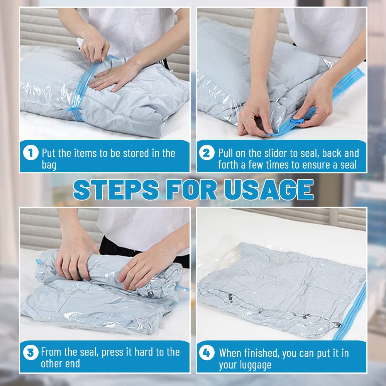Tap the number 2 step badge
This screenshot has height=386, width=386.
click(x=207, y=153)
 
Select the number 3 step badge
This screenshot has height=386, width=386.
click(x=30, y=352)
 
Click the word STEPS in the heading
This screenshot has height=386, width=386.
click(x=116, y=190)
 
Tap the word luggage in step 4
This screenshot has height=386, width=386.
click(x=245, y=365)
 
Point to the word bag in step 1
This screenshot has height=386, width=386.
click(x=49, y=166)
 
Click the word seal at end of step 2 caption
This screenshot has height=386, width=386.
click(x=346, y=166)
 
